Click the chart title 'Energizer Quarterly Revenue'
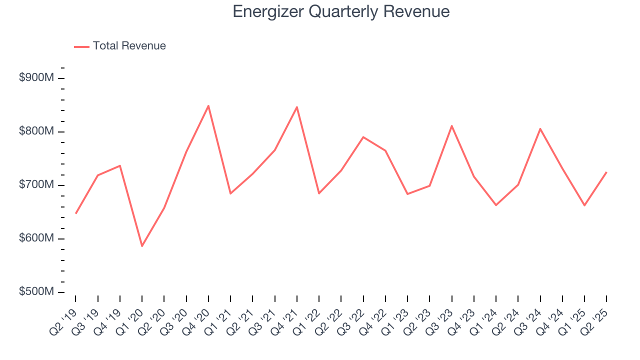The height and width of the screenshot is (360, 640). point(341,11)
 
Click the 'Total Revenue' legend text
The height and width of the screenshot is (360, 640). point(129,46)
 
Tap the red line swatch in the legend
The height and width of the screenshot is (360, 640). point(81,46)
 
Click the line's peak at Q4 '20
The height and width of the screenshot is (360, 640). point(208,105)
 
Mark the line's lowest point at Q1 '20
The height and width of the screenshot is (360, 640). point(142,246)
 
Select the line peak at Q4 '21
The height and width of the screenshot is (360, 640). point(297,107)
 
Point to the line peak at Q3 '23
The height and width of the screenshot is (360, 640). point(452,126)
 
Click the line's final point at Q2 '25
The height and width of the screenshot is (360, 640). point(606,172)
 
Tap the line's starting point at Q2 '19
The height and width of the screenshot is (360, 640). point(76,213)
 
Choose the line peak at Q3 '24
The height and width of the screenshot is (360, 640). point(540,128)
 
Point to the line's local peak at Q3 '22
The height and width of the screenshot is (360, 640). point(363,137)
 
